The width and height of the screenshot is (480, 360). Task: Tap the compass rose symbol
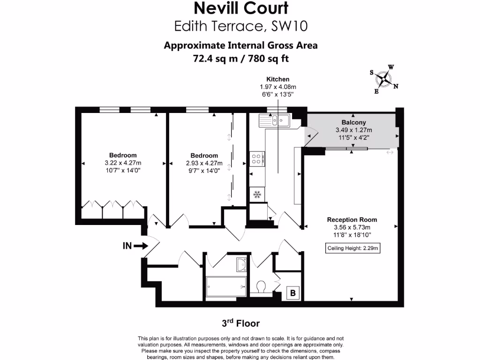384,79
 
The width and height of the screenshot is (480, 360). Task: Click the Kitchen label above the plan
278,79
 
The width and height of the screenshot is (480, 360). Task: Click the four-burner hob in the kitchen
256,159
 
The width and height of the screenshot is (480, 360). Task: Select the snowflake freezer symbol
256,194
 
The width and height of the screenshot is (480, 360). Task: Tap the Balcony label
353,122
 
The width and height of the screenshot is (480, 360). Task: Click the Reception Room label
352,219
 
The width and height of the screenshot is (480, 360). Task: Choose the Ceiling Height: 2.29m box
352,248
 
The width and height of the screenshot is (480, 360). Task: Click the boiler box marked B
293,294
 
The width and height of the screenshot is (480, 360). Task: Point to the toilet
262,285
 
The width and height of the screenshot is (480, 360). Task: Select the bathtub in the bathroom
226,284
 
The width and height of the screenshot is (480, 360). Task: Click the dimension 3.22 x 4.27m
123,163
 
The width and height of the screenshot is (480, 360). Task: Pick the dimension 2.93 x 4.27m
204,163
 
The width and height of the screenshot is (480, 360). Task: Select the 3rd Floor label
240,323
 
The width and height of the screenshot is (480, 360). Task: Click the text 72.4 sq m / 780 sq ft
240,59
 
